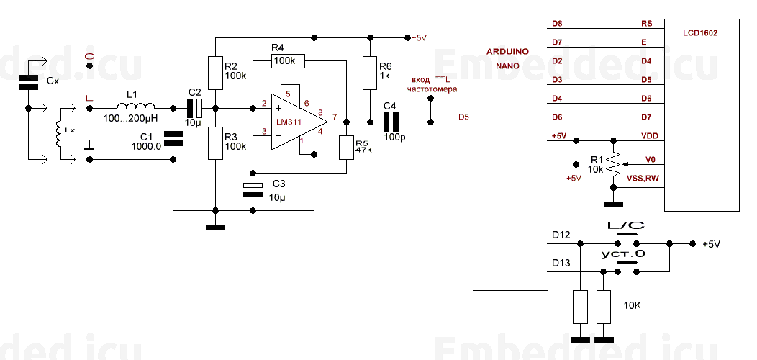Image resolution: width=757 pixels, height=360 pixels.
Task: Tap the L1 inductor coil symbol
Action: (x=136, y=106)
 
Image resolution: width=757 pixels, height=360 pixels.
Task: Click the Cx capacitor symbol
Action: (x=28, y=82)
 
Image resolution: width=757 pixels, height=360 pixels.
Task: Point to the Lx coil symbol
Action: (x=60, y=133)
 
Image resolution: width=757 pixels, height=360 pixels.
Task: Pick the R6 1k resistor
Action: (x=369, y=73)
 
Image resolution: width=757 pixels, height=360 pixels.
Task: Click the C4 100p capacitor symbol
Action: (x=391, y=122)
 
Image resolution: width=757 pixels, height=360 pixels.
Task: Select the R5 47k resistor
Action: (x=346, y=148)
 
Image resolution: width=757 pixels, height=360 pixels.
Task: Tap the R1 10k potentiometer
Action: (x=613, y=164)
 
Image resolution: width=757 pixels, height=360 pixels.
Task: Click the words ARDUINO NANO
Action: (x=507, y=58)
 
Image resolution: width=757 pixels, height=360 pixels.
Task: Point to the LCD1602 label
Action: (x=700, y=33)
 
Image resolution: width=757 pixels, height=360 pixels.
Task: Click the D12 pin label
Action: (x=561, y=235)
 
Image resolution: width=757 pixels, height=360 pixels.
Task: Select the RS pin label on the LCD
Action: (x=646, y=23)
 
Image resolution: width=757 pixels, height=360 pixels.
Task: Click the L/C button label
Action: (x=626, y=225)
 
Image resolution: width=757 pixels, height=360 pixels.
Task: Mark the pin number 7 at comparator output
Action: (x=335, y=115)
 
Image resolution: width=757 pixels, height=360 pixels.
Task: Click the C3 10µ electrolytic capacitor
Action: (x=252, y=189)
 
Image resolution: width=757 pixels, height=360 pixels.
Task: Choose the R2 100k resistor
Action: (x=215, y=73)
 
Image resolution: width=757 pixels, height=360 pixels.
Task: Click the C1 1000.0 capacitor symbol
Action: (x=173, y=139)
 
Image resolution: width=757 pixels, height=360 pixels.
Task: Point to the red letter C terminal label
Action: (x=89, y=56)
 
